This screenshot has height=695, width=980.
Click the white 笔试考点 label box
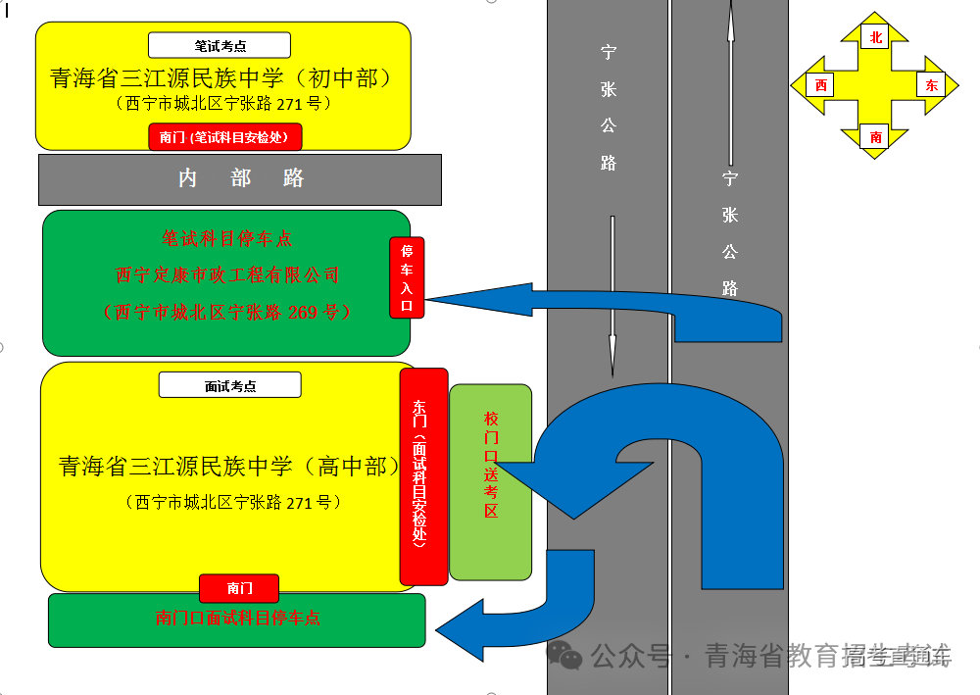pos(220,45)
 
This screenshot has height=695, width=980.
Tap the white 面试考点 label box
pos(229,385)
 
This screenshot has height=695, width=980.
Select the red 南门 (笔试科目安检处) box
pos(224,137)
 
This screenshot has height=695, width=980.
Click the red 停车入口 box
pos(407,277)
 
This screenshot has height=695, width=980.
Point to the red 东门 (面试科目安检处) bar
pos(423,475)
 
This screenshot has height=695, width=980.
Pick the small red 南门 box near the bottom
pos(239,588)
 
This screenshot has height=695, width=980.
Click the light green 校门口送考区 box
pos(491,480)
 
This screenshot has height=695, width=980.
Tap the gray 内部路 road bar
pos(240,178)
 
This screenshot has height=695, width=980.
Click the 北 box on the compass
pos(875,38)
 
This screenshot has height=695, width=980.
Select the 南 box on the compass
pos(875,137)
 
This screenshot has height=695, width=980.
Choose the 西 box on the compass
pos(820,85)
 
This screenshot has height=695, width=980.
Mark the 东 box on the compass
pos(930,85)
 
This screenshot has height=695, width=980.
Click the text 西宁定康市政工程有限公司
pos(226,275)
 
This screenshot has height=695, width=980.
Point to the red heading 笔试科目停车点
pos(226,238)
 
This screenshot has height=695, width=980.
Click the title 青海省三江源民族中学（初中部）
pos(221,78)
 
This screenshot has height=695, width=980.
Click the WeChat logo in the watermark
pos(565,654)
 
